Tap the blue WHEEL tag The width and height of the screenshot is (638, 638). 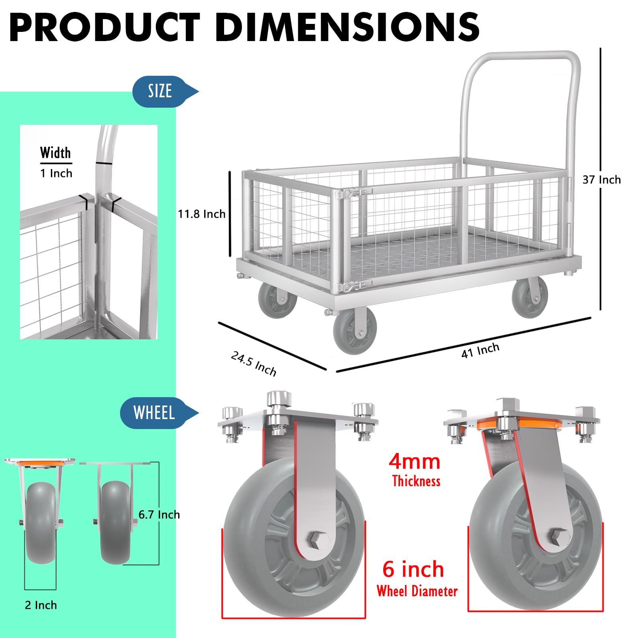[154, 413]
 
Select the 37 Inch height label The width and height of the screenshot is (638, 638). [601, 180]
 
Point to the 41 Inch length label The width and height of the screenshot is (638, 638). [480, 351]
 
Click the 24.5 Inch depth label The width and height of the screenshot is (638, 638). [254, 363]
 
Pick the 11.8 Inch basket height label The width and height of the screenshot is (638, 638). [201, 214]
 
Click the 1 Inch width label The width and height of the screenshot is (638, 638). [56, 173]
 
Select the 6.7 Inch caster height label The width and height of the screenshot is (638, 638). [159, 515]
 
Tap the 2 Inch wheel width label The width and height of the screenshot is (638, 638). [41, 605]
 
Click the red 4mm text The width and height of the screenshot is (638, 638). [414, 462]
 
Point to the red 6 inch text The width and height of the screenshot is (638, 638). [413, 569]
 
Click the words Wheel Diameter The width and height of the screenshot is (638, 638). [417, 591]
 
